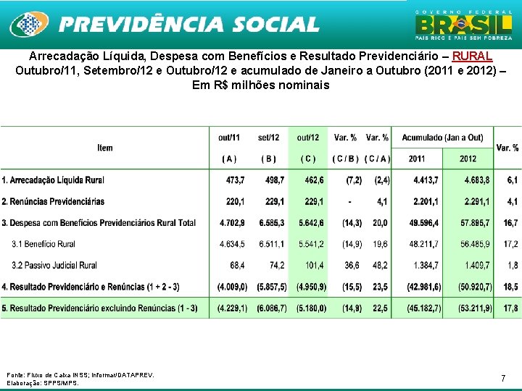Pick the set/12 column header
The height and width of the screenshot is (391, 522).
[268, 138]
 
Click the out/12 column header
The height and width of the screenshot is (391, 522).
[308, 138]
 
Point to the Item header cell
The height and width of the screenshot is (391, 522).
[105, 148]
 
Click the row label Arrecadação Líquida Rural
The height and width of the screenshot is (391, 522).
[54, 180]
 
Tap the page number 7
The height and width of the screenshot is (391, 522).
[502, 378]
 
